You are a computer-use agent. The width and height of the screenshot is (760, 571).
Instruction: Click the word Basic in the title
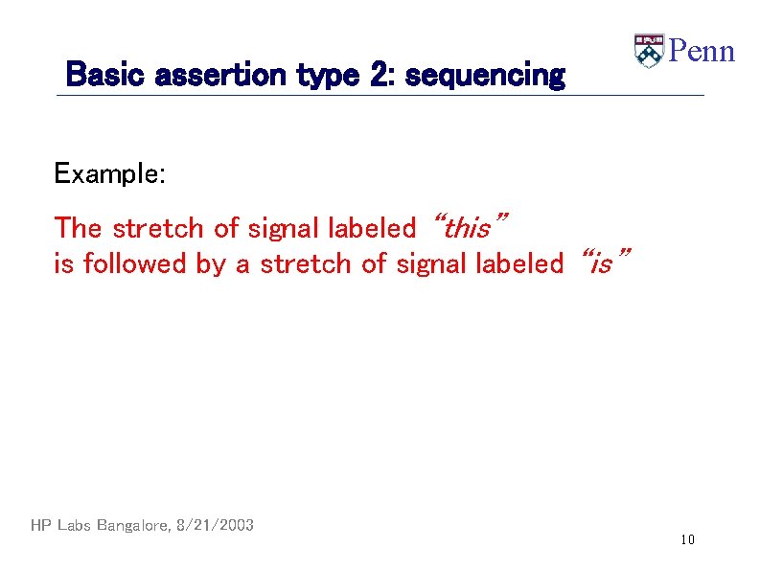point(94,75)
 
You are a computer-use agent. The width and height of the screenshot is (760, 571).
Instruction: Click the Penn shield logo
point(648,51)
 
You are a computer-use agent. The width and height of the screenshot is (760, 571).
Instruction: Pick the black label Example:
point(110,173)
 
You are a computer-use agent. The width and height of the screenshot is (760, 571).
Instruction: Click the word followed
point(135,263)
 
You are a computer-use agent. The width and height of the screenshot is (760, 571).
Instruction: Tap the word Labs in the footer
point(76,525)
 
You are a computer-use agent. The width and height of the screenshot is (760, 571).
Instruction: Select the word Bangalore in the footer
point(133,525)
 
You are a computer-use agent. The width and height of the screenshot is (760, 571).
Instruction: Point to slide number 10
point(687,540)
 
